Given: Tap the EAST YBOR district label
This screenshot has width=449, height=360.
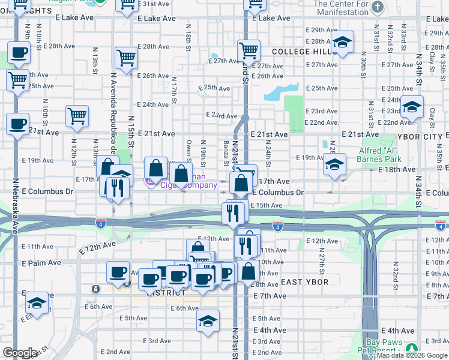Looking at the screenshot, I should point(304,282).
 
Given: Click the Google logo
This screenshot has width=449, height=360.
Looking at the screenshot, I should point(20,352).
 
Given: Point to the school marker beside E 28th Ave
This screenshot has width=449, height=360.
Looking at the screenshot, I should point(343,43).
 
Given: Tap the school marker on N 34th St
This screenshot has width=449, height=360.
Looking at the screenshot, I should point(412,107).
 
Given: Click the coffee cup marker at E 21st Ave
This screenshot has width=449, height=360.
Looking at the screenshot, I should point(17,125).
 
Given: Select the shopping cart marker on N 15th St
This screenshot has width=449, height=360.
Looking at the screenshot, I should point(127,58).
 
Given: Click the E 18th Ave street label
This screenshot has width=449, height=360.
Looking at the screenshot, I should point(397,170).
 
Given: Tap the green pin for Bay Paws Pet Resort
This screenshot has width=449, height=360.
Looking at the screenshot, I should point(411,348).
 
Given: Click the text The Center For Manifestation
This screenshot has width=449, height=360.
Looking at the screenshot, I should point(342,8).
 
